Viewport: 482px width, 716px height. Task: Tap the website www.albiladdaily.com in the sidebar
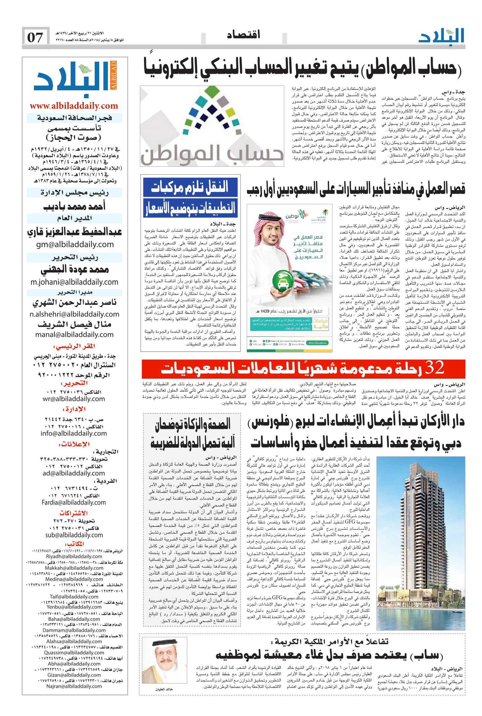coord(74,106)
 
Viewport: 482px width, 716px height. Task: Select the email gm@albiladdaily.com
coord(74,244)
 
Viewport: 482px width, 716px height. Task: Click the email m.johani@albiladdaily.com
coord(74,282)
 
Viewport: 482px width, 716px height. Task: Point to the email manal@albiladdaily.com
coord(74,334)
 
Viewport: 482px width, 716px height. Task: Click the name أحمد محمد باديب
coord(74,207)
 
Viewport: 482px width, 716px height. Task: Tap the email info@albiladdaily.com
coord(74,433)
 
